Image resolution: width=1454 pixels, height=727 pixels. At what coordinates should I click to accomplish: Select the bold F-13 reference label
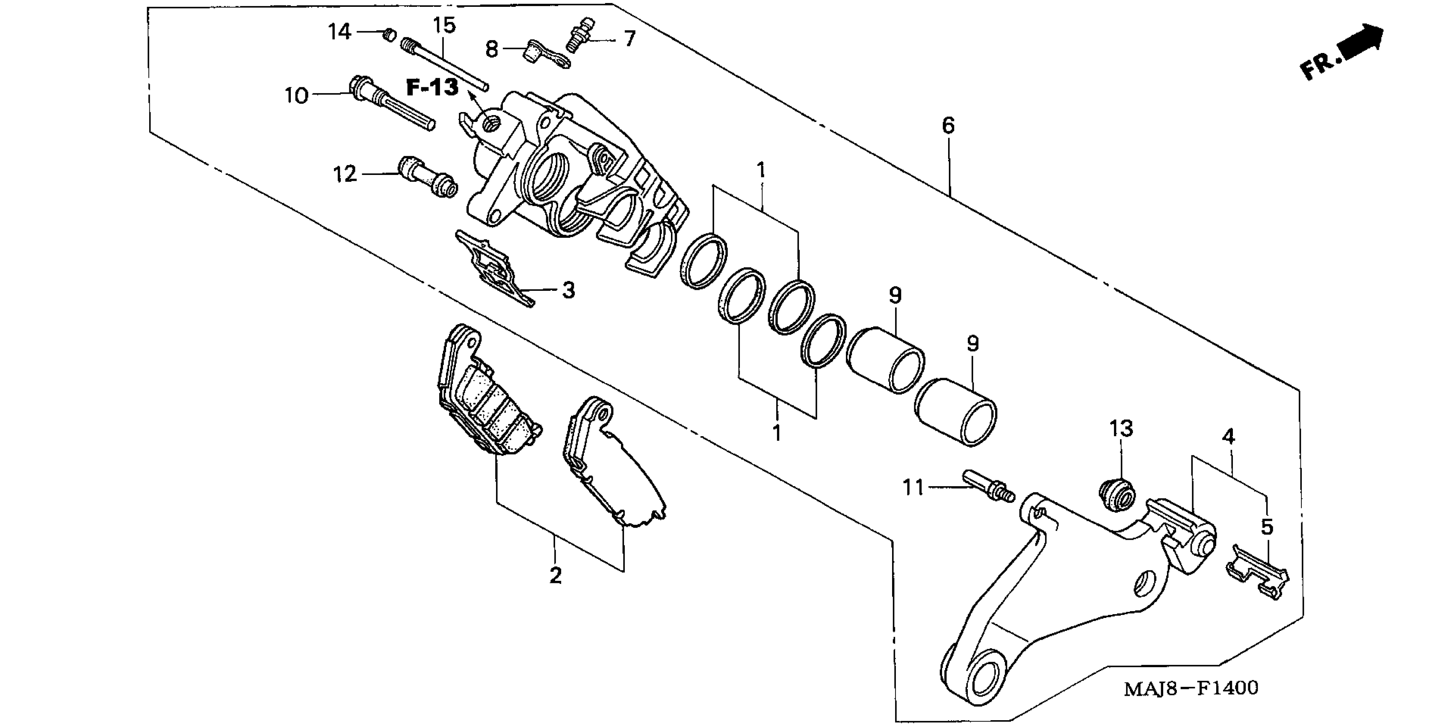(432, 88)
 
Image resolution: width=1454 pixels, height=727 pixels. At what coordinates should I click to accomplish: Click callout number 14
(340, 32)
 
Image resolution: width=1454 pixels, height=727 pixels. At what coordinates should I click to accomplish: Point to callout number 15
(444, 25)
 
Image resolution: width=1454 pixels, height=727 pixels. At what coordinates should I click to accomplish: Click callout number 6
(948, 126)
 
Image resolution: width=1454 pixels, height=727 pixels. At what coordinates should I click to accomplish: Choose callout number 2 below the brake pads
(556, 576)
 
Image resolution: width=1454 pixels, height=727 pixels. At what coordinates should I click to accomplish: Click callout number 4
(1228, 436)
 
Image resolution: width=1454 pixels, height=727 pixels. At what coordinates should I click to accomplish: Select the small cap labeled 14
(388, 35)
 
